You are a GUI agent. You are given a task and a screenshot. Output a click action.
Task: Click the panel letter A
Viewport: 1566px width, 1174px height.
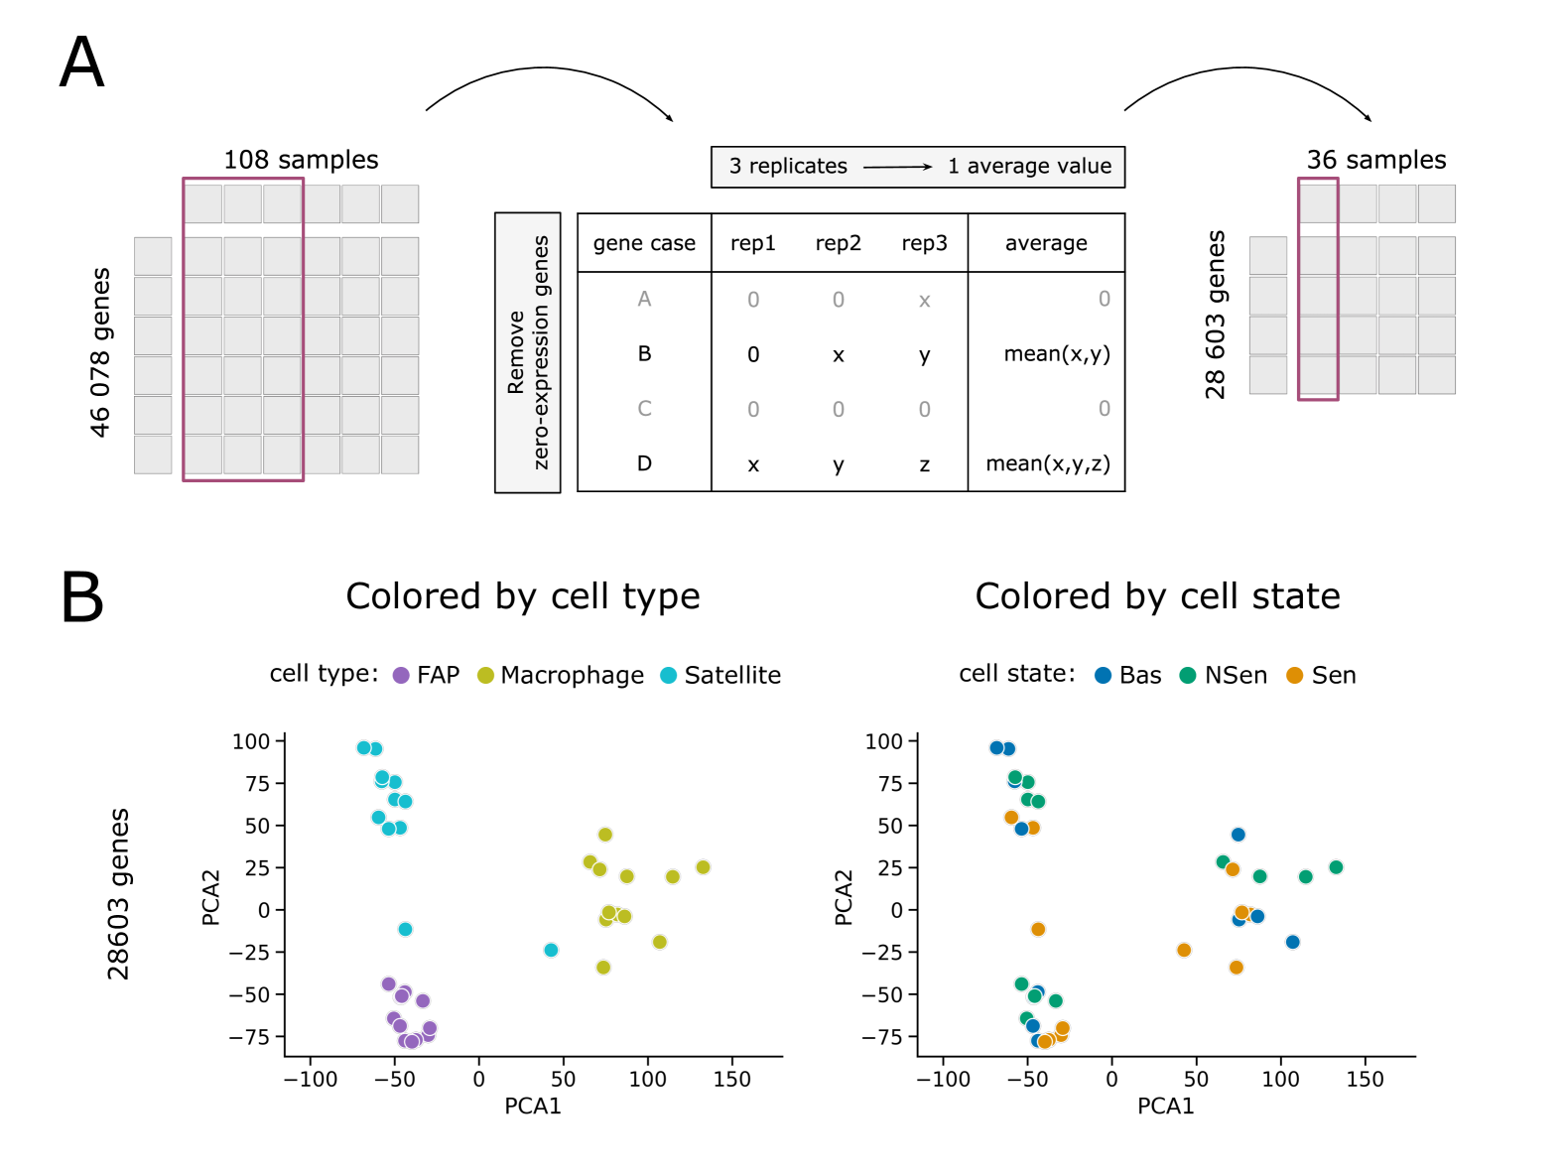81,63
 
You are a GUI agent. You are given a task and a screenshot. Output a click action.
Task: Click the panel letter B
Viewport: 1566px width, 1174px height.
81,597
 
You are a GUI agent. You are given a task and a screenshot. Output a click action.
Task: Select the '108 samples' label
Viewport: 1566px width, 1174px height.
301,160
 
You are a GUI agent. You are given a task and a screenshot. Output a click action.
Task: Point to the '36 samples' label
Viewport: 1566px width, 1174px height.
1375,160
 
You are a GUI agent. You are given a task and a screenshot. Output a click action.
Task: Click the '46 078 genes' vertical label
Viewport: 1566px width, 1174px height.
100,352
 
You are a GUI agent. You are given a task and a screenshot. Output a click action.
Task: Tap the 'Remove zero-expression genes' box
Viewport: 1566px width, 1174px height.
528,352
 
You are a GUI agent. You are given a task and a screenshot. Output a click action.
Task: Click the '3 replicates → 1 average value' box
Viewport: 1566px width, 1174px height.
918,167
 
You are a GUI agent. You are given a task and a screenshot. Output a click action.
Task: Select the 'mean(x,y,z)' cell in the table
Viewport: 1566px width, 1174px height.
1047,463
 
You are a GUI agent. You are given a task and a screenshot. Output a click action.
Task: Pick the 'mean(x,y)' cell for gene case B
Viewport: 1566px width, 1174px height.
1056,354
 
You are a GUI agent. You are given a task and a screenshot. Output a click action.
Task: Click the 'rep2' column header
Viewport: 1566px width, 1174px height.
838,243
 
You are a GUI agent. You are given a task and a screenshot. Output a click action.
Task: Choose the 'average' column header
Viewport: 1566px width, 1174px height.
1046,243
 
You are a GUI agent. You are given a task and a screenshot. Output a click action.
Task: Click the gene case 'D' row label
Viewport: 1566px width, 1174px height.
644,463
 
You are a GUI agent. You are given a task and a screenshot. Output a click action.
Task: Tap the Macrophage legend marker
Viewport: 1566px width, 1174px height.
485,676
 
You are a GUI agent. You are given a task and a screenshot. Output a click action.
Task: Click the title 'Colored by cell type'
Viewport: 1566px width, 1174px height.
523,596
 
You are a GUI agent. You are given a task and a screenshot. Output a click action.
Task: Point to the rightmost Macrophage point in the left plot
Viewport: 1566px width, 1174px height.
703,867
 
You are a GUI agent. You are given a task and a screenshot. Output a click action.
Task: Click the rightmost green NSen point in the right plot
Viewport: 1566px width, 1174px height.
1336,867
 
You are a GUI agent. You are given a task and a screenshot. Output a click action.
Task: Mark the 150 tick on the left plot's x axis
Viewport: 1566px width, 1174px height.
732,1080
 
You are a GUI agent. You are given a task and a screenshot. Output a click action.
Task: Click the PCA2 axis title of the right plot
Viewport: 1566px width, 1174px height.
844,897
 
